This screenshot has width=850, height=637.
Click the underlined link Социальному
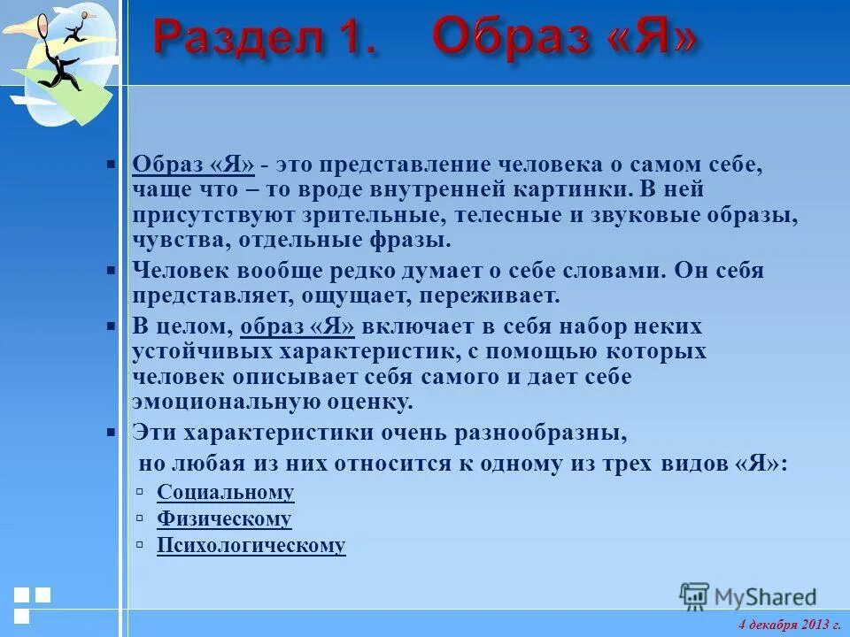click(x=225, y=493)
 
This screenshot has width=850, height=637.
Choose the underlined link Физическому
click(x=224, y=519)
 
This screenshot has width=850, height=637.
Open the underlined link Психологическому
click(x=251, y=546)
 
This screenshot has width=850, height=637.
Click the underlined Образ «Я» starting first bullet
click(x=193, y=165)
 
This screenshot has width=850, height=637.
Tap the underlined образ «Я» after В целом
click(x=297, y=326)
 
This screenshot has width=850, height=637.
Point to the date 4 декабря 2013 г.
click(x=789, y=625)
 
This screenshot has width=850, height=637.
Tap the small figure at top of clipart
click(x=74, y=29)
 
